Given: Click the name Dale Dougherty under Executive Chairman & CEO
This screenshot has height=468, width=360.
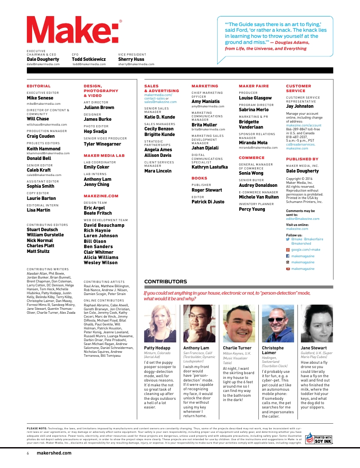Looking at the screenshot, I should click(43, 59).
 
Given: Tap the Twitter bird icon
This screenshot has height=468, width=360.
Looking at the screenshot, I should click(287, 239).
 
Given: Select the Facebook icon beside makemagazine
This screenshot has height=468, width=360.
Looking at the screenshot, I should click(287, 256).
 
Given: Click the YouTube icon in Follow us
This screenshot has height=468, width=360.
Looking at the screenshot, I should click(287, 269).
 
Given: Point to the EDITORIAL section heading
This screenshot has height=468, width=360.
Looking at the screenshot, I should click(39, 86).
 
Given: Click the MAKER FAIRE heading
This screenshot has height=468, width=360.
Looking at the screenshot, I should click(254, 86).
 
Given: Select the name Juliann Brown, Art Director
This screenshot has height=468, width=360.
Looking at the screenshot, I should click(99, 107).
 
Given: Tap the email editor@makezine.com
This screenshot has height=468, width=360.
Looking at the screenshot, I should click(303, 219).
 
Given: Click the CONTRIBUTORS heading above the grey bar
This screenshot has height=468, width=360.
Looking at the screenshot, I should click(165, 282).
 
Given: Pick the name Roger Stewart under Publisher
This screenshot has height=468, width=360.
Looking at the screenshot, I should click(207, 190).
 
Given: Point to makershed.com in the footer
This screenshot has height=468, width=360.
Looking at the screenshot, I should click(54, 453).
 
